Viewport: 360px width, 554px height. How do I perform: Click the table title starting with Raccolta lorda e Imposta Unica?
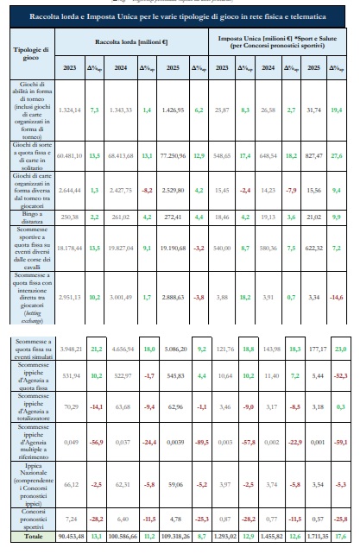[180, 16]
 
